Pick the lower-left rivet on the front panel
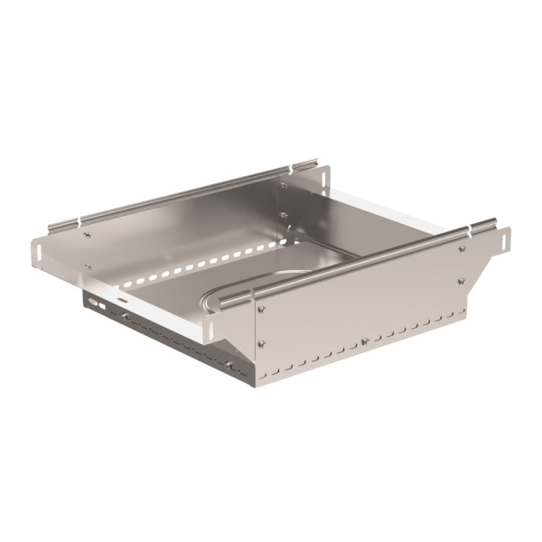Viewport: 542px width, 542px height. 263,343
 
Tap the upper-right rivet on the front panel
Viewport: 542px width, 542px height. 462,249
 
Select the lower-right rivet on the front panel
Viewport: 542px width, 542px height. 462,281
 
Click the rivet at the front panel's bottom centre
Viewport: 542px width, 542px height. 363,341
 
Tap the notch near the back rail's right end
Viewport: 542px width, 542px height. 294,169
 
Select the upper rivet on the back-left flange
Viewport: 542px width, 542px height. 88,235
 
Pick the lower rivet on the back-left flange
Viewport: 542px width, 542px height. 88,266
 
